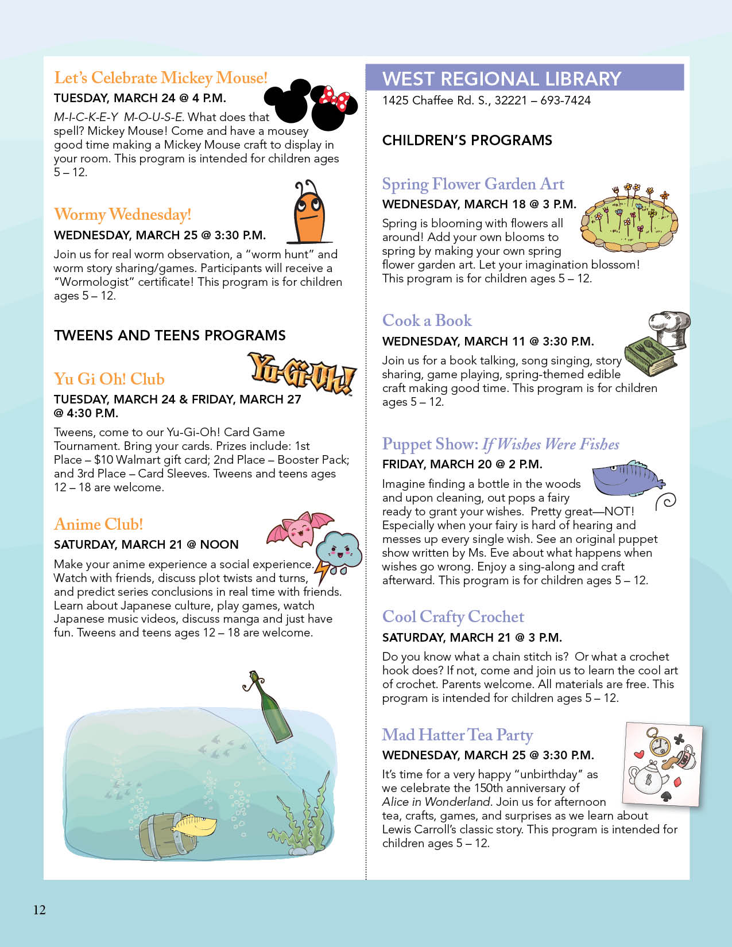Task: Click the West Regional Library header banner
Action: click(524, 78)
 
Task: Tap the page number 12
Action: click(39, 910)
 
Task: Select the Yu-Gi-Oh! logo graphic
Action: click(302, 375)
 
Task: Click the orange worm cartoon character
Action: click(309, 215)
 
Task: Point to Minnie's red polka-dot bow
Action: click(334, 98)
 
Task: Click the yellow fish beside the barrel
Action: click(194, 825)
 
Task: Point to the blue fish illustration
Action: click(626, 478)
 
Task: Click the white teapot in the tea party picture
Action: click(649, 778)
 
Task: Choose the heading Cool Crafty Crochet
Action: click(453, 617)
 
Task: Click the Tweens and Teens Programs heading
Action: click(170, 336)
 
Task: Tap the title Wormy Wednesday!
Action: click(122, 215)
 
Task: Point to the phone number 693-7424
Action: click(566, 100)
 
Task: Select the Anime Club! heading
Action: click(98, 525)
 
